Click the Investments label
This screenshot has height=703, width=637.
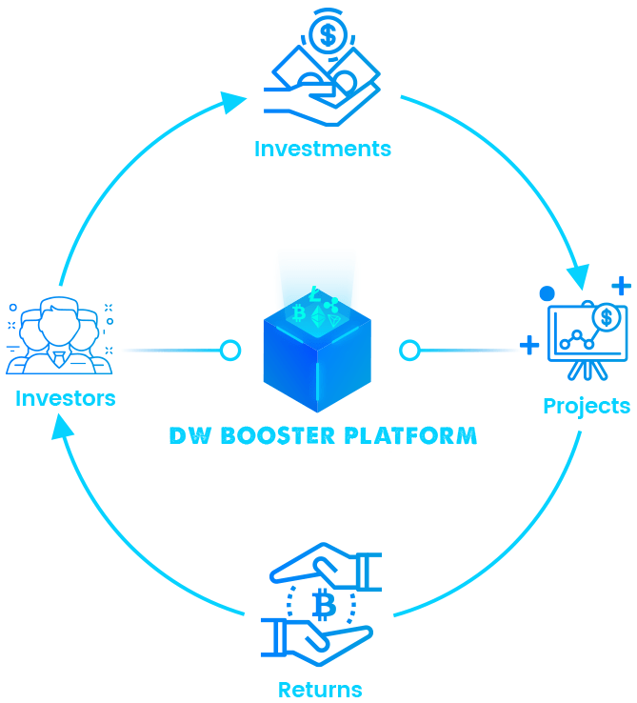click(322, 149)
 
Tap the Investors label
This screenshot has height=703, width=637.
click(65, 398)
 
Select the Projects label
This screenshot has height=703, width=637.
click(586, 406)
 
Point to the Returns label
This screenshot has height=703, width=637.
click(320, 689)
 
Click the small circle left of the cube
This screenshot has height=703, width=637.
click(230, 351)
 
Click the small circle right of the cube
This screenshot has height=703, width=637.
click(409, 351)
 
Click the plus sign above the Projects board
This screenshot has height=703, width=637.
click(621, 285)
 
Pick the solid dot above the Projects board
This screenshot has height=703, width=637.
click(547, 292)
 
